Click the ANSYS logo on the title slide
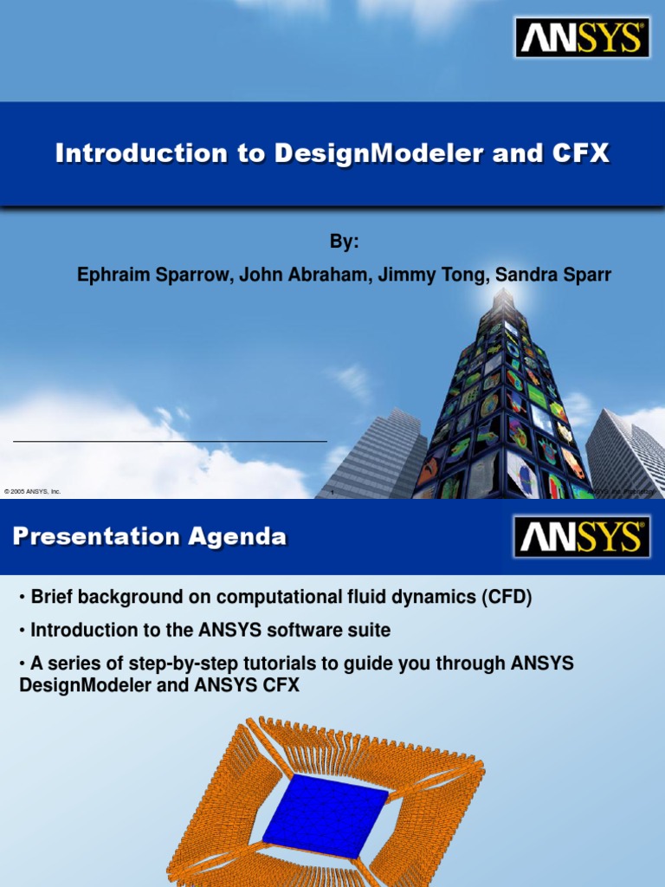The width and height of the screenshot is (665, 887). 581,39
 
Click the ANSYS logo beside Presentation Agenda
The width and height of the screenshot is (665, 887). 581,537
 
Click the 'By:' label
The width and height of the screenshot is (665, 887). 344,243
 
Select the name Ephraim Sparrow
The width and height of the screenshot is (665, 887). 154,275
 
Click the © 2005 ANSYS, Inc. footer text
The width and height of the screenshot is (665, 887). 33,492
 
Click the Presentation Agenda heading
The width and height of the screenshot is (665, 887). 150,537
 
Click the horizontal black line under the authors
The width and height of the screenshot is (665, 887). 170,441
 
